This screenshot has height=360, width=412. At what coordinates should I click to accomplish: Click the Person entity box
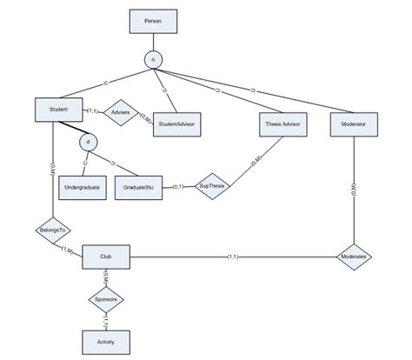click(154, 19)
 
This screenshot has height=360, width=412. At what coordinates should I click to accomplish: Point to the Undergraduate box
click(83, 187)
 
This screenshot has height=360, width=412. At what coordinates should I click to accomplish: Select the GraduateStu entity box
click(138, 187)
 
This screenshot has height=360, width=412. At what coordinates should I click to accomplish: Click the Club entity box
click(104, 257)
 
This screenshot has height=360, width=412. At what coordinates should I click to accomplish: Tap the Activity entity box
click(104, 343)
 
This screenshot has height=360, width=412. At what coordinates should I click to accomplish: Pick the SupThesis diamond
click(210, 187)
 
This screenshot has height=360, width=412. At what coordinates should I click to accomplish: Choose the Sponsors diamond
click(104, 300)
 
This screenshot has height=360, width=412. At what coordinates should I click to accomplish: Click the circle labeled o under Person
click(154, 59)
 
